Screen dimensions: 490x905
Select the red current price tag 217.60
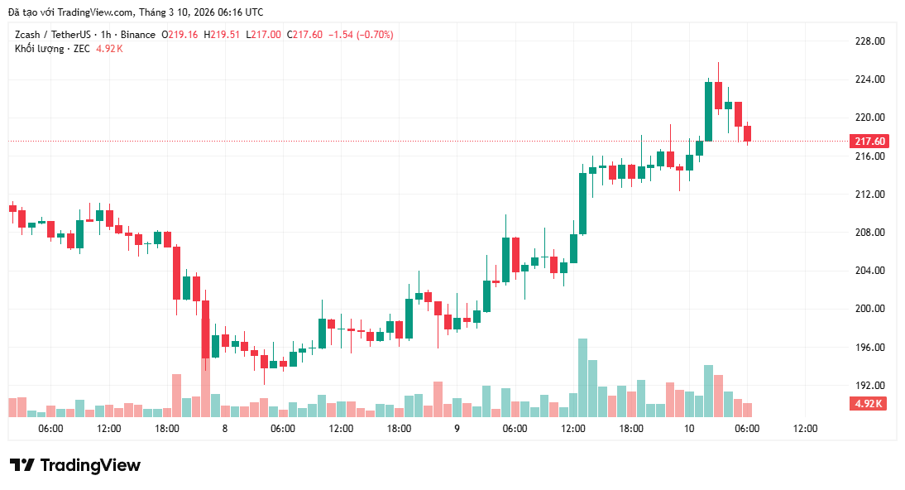(869, 142)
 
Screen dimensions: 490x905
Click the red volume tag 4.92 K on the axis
(869, 404)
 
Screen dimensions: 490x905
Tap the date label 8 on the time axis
(224, 429)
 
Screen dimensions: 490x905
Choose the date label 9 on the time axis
(457, 429)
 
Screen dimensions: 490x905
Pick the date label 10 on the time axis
(688, 429)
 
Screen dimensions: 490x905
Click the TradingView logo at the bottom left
(75, 465)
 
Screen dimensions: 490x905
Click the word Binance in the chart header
(137, 35)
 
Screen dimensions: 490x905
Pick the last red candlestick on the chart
(747, 134)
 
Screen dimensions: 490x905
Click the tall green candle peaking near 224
(708, 111)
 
